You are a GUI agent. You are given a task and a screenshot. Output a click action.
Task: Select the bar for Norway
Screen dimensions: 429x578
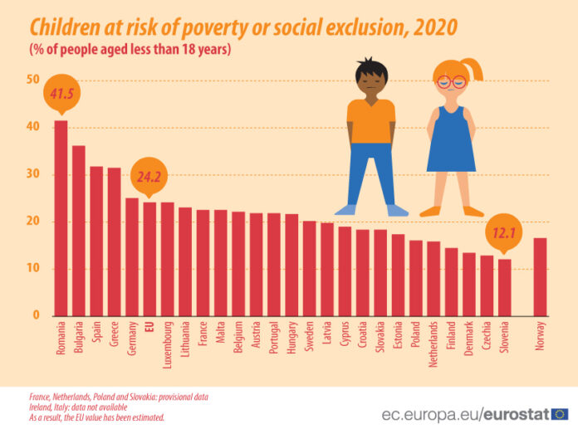540,277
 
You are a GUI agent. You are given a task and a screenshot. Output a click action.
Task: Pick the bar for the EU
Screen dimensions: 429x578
149,259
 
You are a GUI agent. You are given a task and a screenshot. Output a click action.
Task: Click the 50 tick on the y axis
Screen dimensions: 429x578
33,80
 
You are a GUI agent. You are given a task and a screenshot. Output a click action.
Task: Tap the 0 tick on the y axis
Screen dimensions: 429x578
37,316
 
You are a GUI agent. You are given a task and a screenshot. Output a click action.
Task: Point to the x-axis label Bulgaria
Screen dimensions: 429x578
80,340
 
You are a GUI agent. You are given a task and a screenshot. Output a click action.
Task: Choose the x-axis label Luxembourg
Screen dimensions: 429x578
168,345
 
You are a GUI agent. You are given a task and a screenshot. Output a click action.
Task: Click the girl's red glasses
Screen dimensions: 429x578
451,81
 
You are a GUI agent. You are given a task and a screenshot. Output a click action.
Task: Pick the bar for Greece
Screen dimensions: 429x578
115,241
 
